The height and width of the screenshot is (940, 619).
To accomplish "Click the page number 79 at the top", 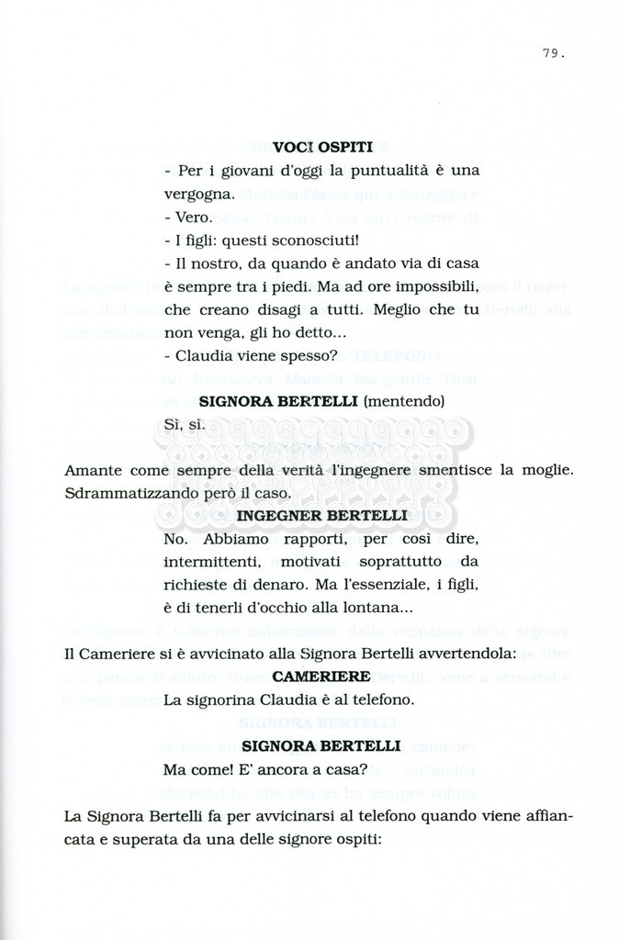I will tap(552, 53).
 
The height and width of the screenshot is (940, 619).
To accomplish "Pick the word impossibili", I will tap(438, 287).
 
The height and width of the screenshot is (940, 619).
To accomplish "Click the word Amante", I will tap(95, 471).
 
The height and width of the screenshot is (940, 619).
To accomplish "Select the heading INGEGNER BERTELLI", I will tap(321, 516).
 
